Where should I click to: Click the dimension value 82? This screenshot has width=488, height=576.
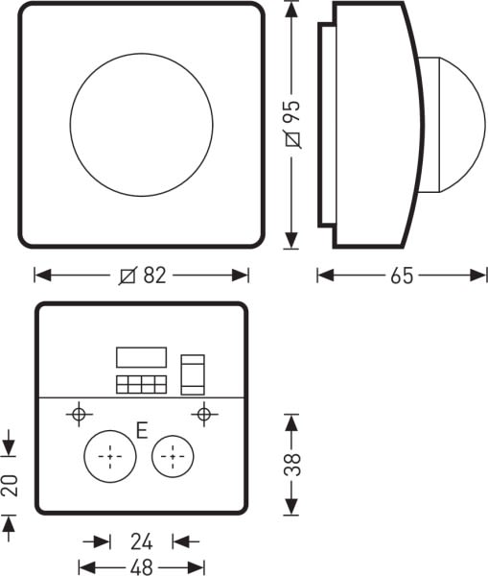(154, 276)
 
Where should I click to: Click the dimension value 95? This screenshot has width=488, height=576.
(292, 111)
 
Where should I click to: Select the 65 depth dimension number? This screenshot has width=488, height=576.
(402, 276)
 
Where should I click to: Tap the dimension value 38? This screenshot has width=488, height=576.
(292, 465)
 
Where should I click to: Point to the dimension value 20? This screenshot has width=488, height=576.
(10, 486)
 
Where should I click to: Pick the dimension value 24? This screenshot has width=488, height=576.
(141, 541)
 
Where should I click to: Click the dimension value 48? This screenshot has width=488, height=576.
(141, 567)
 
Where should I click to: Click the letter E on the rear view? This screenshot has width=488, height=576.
(142, 430)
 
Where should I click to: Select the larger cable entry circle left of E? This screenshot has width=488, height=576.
(110, 457)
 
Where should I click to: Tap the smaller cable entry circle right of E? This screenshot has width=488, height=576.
(173, 457)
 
